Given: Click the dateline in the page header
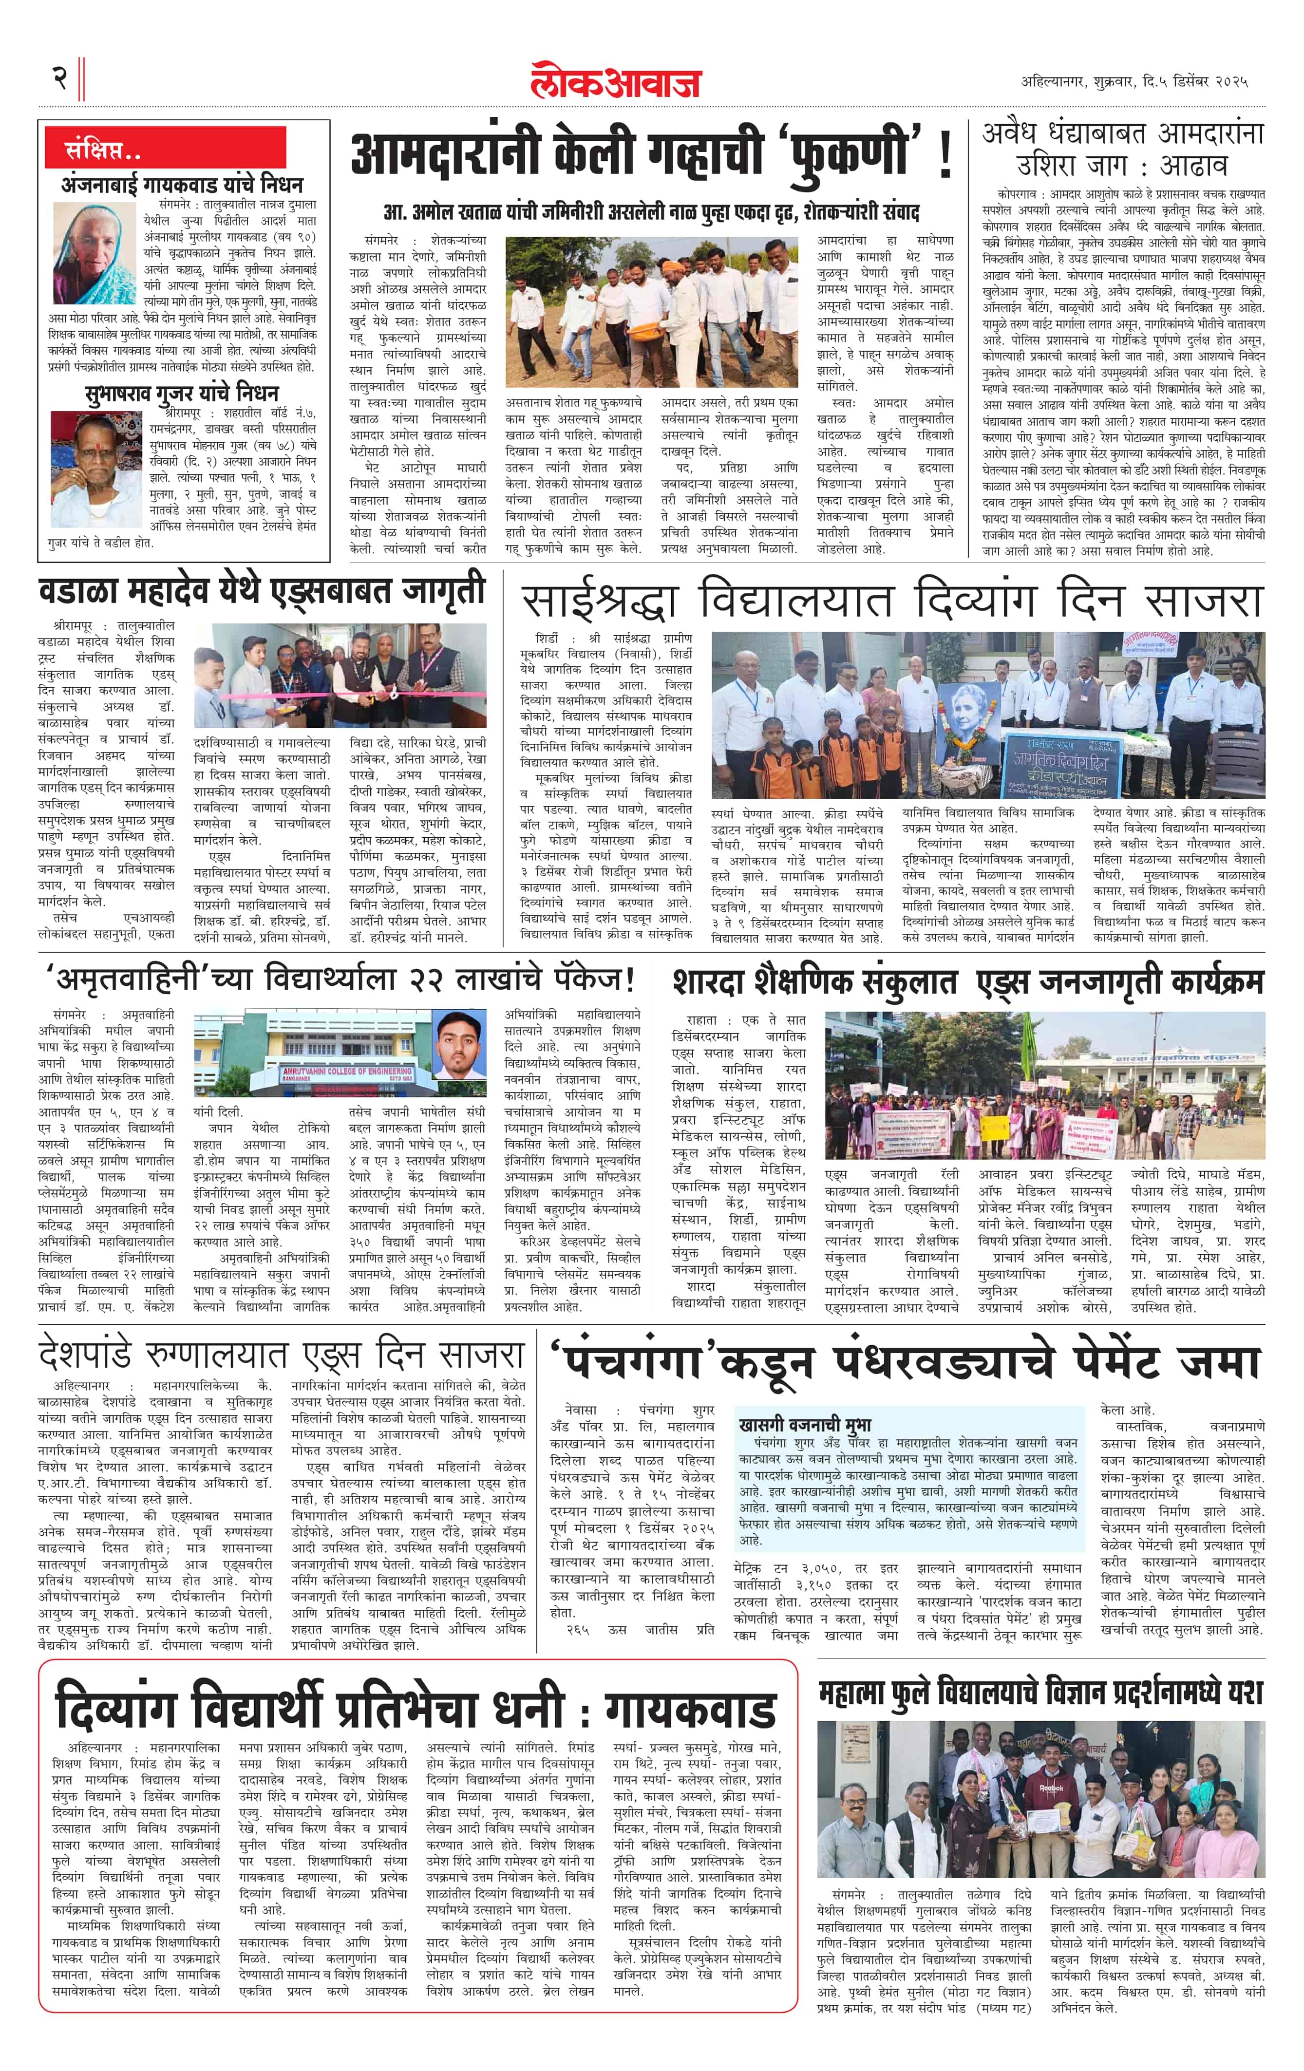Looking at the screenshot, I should click(x=1134, y=82).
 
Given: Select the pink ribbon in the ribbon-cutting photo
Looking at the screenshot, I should click(x=344, y=692).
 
